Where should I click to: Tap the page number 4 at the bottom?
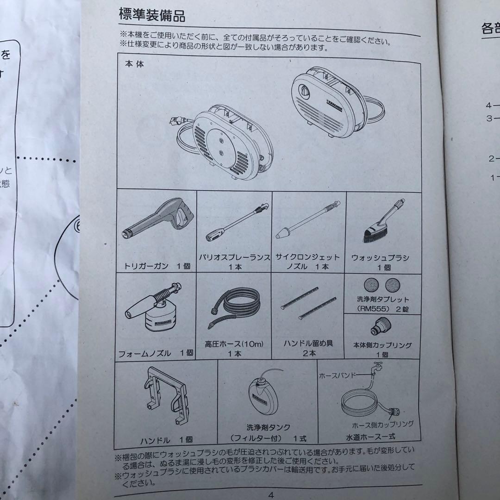click(271, 494)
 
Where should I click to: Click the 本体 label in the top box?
click(134, 64)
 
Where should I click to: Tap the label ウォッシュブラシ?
click(383, 258)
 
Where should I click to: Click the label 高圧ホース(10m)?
click(234, 344)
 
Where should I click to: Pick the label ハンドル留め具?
click(308, 344)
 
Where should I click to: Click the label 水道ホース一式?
click(370, 436)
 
